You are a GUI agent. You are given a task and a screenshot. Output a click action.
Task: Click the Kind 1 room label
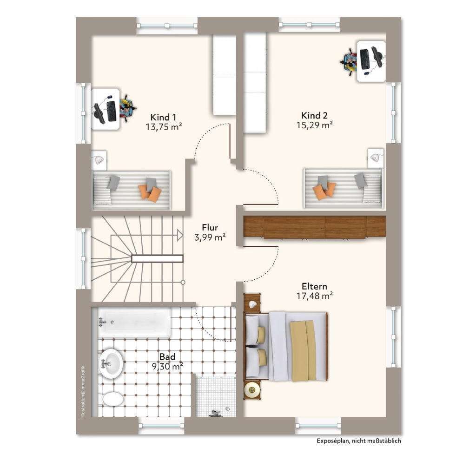click(163, 117)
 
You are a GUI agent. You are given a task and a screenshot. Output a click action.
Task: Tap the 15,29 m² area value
click(315, 125)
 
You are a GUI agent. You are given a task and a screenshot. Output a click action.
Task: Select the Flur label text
click(210, 227)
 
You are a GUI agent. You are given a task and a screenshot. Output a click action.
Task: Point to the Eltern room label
click(315, 286)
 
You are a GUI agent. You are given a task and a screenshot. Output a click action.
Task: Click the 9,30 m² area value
click(167, 367)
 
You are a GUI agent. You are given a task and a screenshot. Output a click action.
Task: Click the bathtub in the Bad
click(134, 322)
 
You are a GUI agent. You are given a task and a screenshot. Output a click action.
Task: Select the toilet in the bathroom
click(112, 398)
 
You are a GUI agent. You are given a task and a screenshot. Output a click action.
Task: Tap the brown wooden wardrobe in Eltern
click(315, 227)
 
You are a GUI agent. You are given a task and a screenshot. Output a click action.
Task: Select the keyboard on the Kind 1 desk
click(112, 111)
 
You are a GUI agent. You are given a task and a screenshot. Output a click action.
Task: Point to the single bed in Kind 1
click(131, 190)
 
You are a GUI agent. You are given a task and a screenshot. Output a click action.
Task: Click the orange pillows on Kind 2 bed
click(324, 191)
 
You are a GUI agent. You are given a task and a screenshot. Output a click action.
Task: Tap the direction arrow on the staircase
click(180, 236)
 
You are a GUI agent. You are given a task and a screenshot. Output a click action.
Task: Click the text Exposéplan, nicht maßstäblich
click(359, 441)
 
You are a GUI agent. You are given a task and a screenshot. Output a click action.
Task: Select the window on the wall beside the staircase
click(83, 258)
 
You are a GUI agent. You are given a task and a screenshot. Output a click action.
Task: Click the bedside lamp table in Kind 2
click(376, 158)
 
